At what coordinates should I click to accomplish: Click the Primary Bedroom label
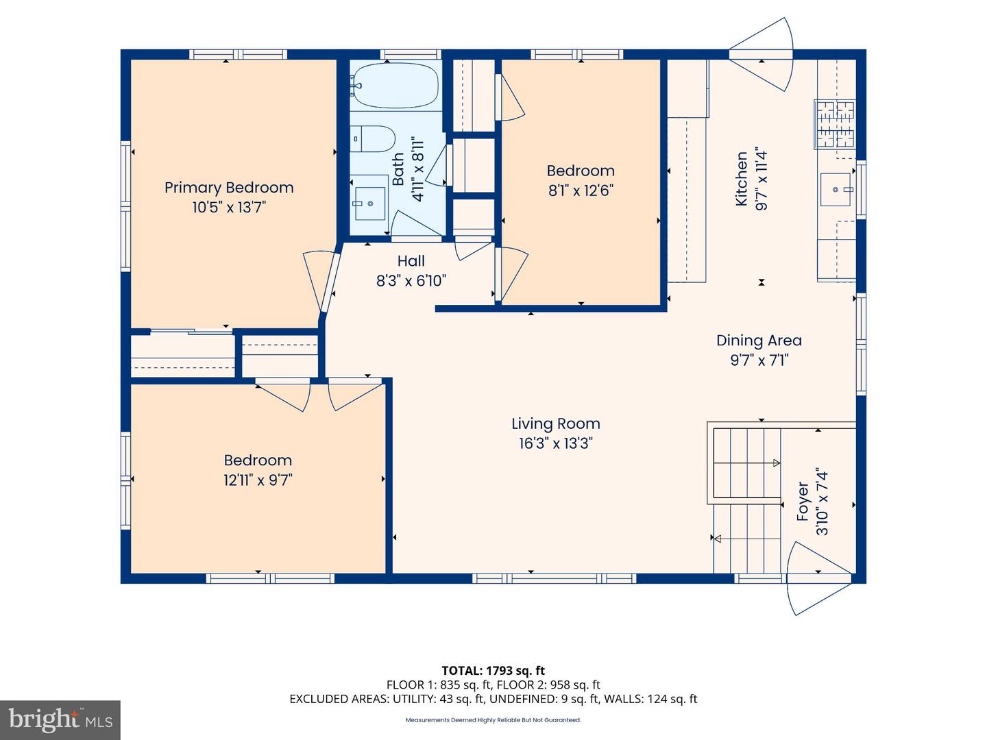[229, 188]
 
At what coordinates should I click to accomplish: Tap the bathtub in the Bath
[395, 86]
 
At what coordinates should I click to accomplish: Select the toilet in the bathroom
[372, 139]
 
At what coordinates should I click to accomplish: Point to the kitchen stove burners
[835, 124]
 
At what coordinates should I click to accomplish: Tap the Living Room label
[555, 424]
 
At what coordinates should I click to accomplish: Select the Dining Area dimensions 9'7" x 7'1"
[759, 360]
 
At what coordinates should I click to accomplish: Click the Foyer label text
[803, 502]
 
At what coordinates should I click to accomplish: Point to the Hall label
[411, 261]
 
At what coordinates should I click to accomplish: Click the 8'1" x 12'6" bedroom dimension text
[580, 190]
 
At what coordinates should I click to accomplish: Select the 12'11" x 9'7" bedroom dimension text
[258, 480]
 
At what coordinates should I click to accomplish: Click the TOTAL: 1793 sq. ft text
[493, 671]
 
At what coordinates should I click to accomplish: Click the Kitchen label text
[742, 179]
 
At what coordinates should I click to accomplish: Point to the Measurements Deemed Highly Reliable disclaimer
[493, 720]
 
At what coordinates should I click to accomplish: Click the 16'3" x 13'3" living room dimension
[555, 443]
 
